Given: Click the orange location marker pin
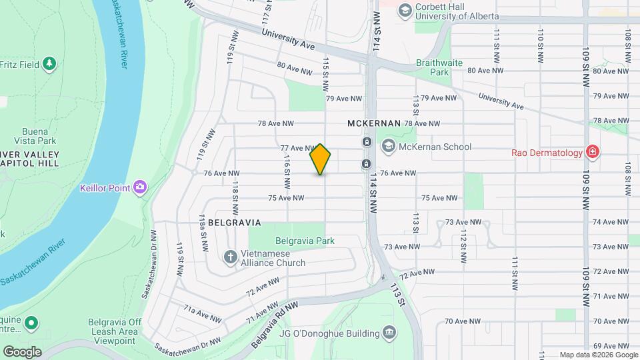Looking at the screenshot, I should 321,159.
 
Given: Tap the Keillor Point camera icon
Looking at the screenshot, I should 140,187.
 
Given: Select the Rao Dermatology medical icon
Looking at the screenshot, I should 591,153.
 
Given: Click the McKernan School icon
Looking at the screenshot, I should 388,147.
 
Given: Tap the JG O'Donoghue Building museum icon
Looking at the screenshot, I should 388,333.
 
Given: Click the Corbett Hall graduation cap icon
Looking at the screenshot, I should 404,10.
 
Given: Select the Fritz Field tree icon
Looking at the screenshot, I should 49,64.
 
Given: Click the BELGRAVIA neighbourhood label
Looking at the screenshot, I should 233,222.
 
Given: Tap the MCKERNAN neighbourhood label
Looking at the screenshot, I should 374,123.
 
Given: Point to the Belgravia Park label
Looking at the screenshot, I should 305,241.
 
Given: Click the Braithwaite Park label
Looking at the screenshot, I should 440,66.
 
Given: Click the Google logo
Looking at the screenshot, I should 22,351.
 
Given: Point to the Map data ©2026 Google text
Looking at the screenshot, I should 597,355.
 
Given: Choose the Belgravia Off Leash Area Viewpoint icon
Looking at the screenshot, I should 31,324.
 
